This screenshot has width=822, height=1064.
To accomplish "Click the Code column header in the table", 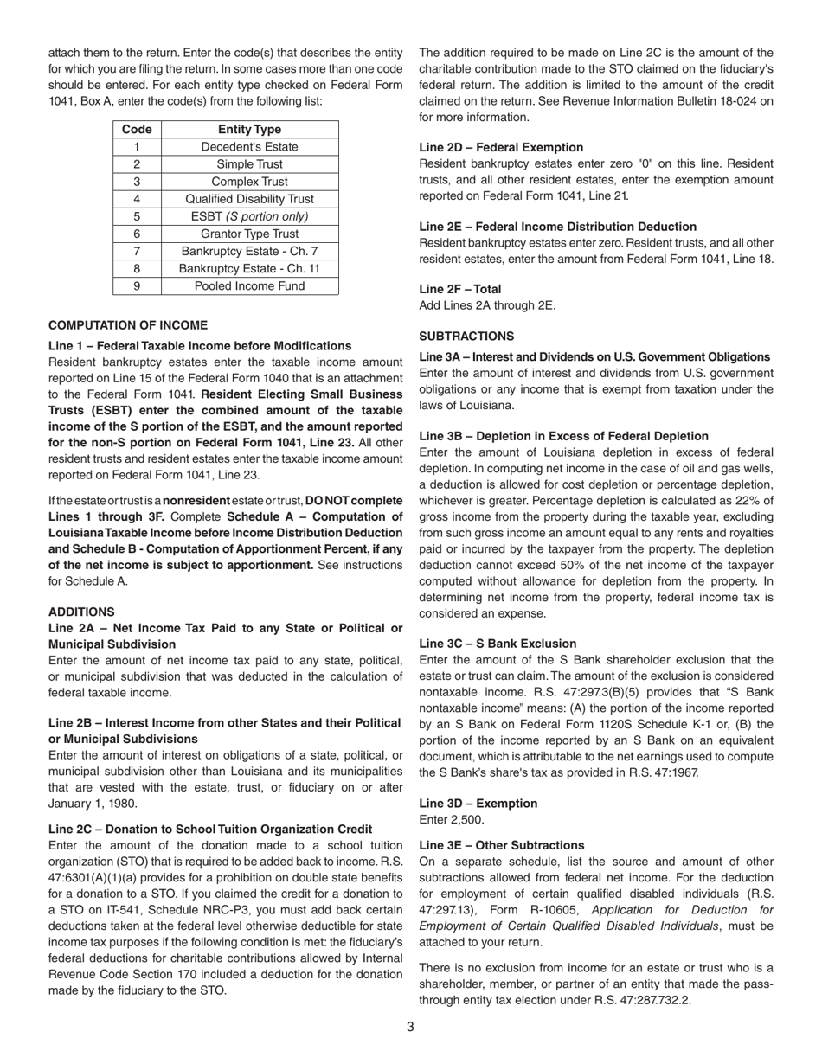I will pyautogui.click(x=137, y=129).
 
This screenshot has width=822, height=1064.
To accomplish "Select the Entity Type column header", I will pyautogui.click(x=249, y=129).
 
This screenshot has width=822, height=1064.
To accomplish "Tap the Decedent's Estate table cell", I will pyautogui.click(x=249, y=146).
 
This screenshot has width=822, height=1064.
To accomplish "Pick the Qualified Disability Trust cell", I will pyautogui.click(x=249, y=199).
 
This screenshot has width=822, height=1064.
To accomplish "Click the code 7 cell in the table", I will pyautogui.click(x=137, y=251).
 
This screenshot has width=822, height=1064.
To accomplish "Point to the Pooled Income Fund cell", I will pyautogui.click(x=249, y=285).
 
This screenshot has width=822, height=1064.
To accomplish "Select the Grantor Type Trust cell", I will pyautogui.click(x=249, y=234).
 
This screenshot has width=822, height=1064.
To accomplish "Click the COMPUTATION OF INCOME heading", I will pyautogui.click(x=128, y=325).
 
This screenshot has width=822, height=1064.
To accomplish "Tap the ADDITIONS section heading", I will pyautogui.click(x=81, y=612).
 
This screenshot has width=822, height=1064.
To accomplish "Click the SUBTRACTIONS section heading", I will pyautogui.click(x=466, y=336).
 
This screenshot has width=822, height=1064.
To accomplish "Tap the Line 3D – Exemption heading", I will pyautogui.click(x=478, y=803).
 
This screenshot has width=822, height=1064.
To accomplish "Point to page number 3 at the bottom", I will pyautogui.click(x=410, y=1027).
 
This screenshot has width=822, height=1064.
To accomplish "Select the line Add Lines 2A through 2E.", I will pyautogui.click(x=487, y=304).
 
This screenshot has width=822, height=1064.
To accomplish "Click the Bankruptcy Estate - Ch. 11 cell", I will pyautogui.click(x=249, y=268).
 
